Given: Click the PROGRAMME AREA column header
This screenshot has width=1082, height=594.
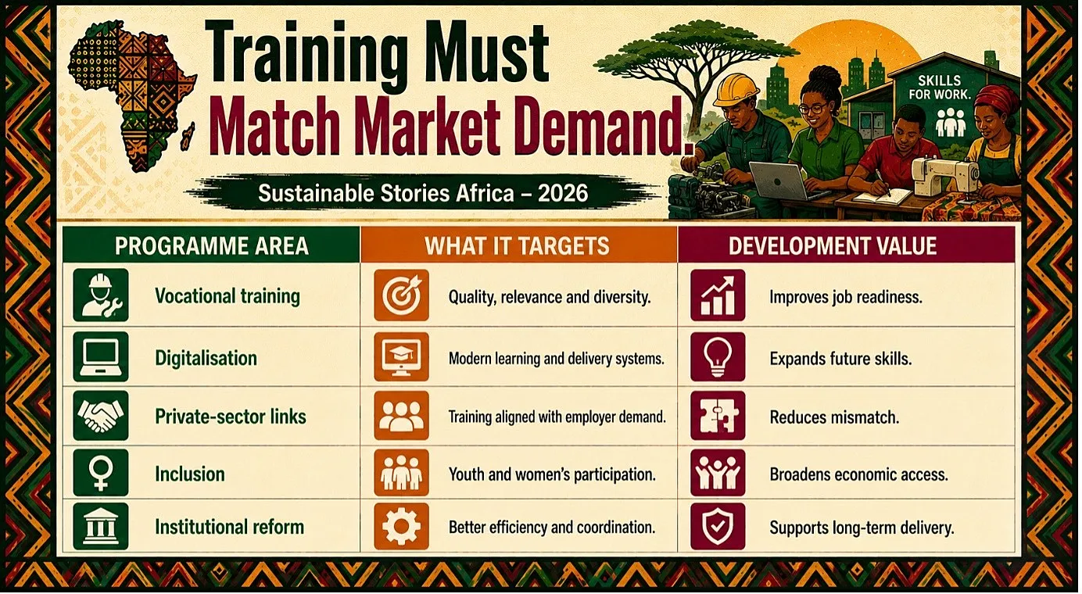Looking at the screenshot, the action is click(212, 246).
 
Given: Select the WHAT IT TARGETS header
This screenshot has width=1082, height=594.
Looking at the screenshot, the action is click(517, 246).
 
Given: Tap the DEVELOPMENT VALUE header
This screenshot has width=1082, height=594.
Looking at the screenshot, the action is click(833, 246).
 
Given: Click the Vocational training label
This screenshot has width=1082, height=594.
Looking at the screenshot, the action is click(228, 296).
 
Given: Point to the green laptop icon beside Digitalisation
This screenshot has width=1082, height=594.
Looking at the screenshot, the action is click(101, 357).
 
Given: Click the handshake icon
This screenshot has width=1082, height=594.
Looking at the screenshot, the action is click(101, 416).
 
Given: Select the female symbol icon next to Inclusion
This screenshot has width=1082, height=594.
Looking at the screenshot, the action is click(101, 474).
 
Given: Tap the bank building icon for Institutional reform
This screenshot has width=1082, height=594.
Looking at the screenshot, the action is click(101, 526).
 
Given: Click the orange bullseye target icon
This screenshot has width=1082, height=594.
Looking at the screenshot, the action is click(401, 295).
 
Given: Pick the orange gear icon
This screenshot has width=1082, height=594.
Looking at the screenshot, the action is click(401, 526).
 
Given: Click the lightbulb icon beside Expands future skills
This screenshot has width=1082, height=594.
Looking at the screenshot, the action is click(718, 357).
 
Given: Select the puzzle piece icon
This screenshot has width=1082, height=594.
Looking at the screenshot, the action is click(718, 416).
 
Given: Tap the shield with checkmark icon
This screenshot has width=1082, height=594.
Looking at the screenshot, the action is click(718, 526).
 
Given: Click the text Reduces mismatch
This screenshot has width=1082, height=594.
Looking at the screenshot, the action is click(834, 417).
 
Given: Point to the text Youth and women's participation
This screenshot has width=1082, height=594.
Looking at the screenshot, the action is click(552, 474).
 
